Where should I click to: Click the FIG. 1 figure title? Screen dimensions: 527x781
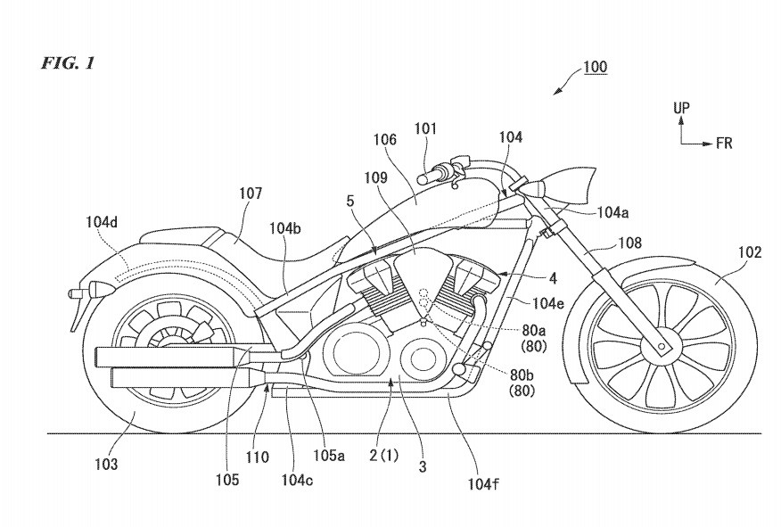coord(67,63)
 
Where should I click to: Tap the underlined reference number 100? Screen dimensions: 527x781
coord(596,68)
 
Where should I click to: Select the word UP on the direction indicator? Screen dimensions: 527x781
coord(681,107)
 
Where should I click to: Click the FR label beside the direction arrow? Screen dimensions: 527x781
coord(723,143)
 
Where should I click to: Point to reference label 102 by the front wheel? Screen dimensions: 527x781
coord(750,252)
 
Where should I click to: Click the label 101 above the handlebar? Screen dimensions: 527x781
coord(425,128)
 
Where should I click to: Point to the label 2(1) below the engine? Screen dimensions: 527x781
coord(384,454)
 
